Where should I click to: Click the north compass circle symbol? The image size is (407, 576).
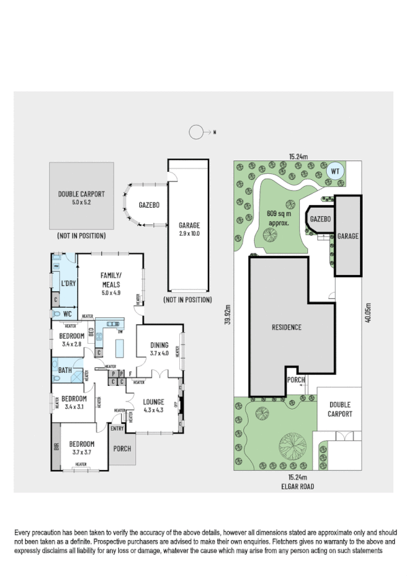pyautogui.click(x=196, y=132)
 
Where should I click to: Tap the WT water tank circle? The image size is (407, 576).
pyautogui.click(x=334, y=171)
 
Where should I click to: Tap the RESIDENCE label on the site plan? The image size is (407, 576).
pyautogui.click(x=287, y=327)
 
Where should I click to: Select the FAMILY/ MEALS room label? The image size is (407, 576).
pyautogui.click(x=110, y=279)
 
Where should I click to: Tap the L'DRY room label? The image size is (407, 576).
pyautogui.click(x=68, y=283)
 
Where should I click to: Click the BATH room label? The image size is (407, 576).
pyautogui.click(x=65, y=370)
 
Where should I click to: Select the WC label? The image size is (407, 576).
pyautogui.click(x=67, y=314)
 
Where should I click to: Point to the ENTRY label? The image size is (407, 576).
pyautogui.click(x=117, y=427)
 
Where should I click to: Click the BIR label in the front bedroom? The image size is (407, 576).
pyautogui.click(x=55, y=448)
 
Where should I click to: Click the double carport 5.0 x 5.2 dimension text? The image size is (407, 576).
pyautogui.click(x=80, y=202)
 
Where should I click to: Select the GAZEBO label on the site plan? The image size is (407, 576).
pyautogui.click(x=320, y=220)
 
